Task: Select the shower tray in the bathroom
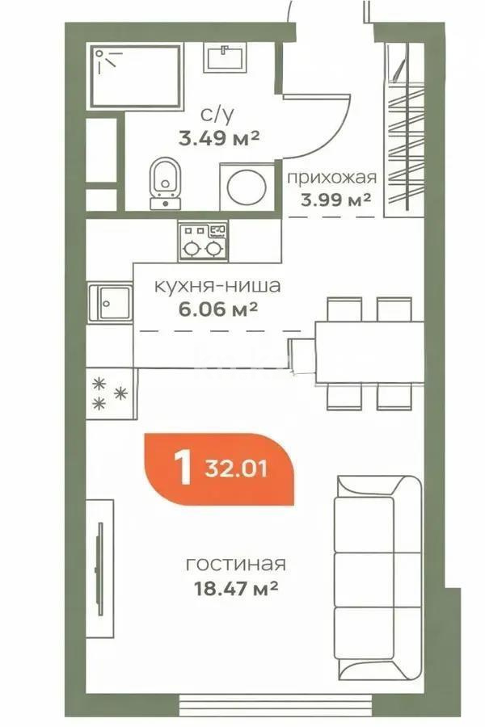point(135,76)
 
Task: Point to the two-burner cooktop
point(203,240)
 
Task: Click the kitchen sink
point(109,303)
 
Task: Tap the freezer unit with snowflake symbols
point(110,396)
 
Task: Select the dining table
point(369,352)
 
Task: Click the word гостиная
point(235,564)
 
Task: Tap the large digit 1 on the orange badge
point(183,469)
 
